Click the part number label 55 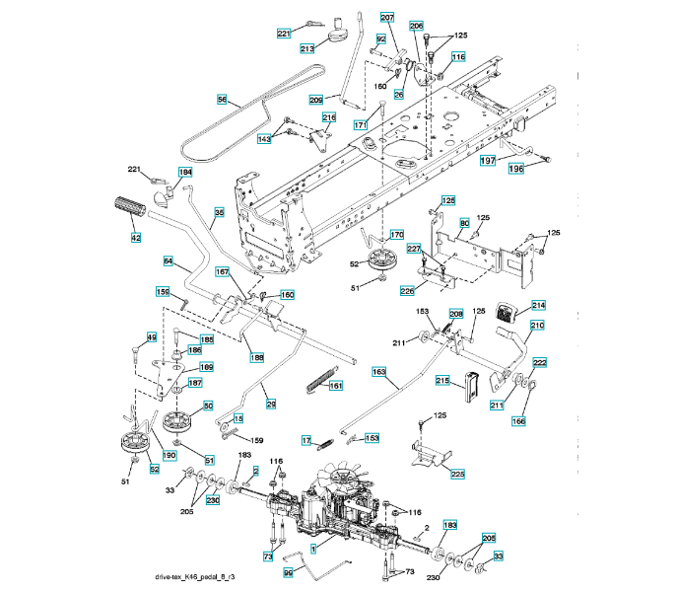(222, 99)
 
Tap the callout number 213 (306, 47)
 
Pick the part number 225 (458, 474)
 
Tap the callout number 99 (289, 571)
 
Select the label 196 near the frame (515, 168)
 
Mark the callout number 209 (315, 99)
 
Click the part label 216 (329, 117)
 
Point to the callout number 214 (538, 305)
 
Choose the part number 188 (256, 356)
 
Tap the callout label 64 (169, 260)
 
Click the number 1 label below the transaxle (313, 547)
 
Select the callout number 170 (396, 235)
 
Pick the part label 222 (540, 363)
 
